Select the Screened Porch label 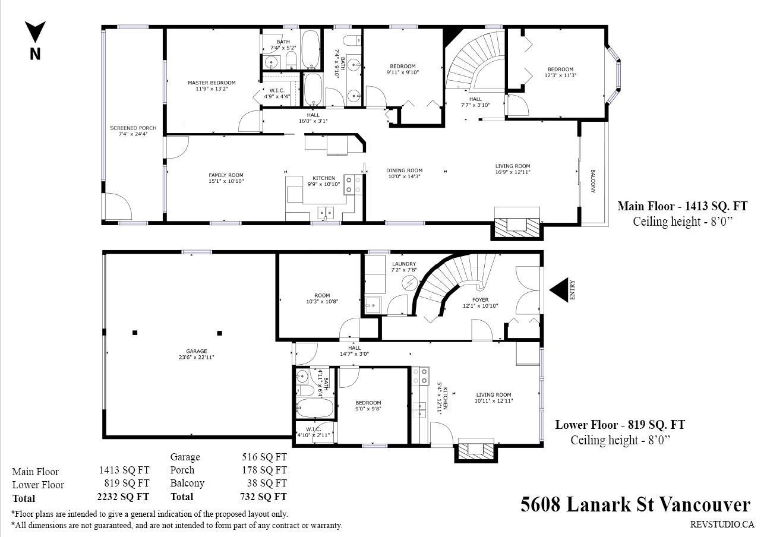click(133, 128)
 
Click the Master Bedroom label click(212, 83)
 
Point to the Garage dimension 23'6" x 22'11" click(197, 358)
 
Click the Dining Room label click(405, 170)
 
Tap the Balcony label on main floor click(593, 181)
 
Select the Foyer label click(481, 300)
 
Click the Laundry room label click(404, 264)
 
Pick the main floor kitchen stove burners click(353, 185)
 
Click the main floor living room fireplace click(517, 223)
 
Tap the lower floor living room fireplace click(476, 450)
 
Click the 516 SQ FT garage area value click(264, 457)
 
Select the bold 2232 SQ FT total click(123, 497)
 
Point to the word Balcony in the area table click(187, 483)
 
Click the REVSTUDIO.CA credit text click(722, 525)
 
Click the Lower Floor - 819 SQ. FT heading click(620, 425)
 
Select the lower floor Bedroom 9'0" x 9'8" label click(368, 406)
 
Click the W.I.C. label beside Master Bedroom click(277, 91)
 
